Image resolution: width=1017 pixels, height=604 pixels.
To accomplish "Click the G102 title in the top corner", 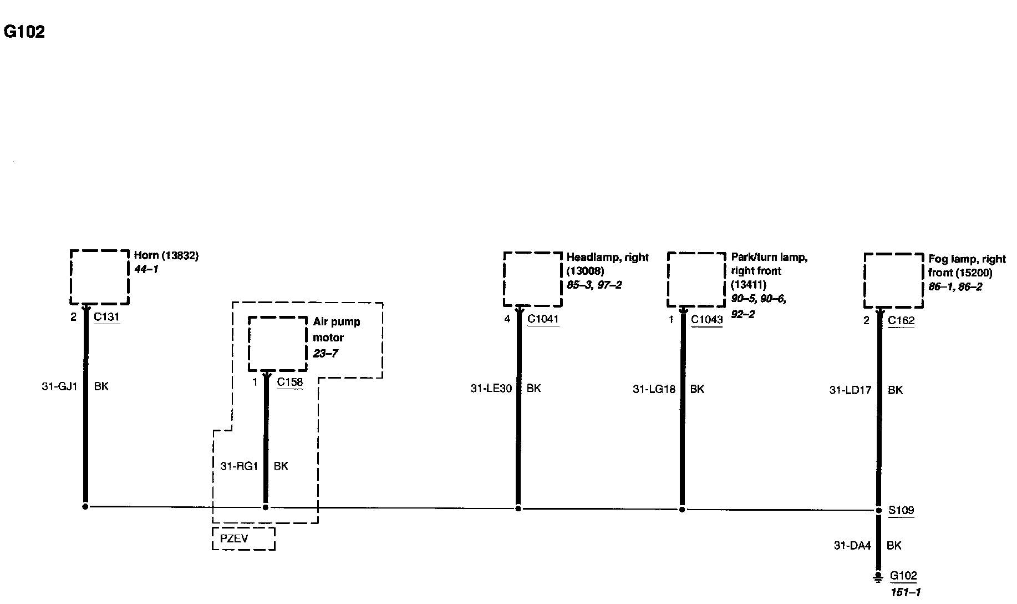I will (24, 32).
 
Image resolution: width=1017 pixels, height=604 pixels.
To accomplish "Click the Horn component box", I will (100, 277).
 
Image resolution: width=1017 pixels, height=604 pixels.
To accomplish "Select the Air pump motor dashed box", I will (277, 344).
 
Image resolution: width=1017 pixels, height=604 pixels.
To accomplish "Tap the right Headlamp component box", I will (533, 279).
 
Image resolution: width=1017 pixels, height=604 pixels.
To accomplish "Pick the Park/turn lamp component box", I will (696, 279).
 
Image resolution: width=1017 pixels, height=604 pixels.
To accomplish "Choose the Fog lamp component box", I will (894, 280).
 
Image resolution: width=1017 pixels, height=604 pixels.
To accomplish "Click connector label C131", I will (106, 317).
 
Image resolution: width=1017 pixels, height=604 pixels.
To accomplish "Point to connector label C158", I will (290, 382).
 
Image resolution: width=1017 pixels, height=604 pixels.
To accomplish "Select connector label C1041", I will (543, 319).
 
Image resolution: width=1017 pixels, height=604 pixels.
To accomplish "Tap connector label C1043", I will (706, 320).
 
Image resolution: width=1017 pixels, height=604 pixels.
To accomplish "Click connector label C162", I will (901, 320).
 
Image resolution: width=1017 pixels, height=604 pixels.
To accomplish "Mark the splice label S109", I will (901, 510).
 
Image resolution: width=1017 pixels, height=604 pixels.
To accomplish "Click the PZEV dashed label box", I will (243, 538).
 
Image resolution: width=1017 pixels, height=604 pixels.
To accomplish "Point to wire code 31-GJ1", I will (59, 386).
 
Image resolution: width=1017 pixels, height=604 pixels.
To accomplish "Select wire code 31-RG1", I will (239, 466).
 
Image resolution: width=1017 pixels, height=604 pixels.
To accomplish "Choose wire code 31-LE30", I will (491, 389).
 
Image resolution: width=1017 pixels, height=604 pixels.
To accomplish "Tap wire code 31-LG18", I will (654, 390).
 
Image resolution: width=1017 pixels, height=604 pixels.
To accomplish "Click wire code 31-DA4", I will (852, 546).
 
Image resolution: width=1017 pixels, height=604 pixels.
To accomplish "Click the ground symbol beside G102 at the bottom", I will (878, 578).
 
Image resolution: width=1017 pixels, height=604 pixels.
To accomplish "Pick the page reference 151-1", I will (905, 592).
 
